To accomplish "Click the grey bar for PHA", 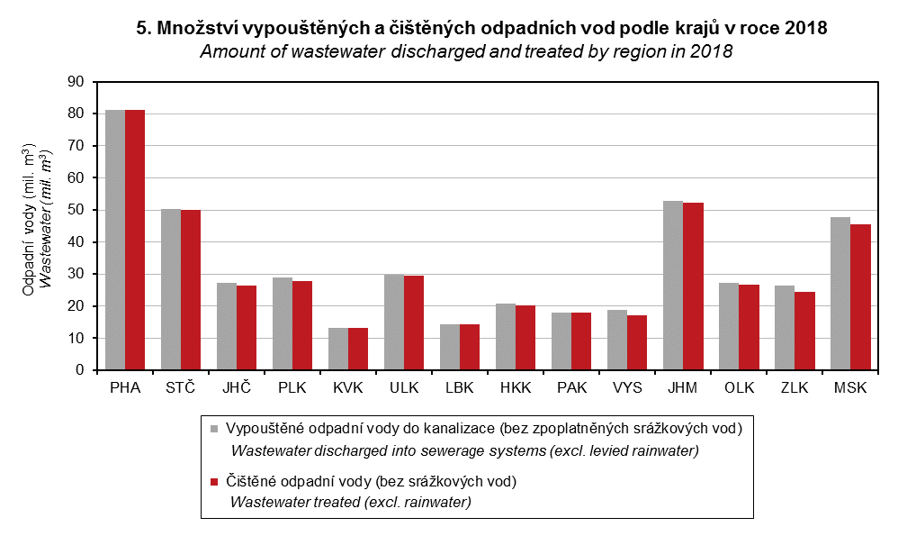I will click(x=115, y=240).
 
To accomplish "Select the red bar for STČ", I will click(x=191, y=290).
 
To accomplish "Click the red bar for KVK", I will click(x=358, y=349).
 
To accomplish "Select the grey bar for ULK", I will click(x=394, y=322).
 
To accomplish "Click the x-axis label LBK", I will click(x=460, y=389).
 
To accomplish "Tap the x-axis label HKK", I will click(x=516, y=389).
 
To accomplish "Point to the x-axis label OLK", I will click(x=739, y=389).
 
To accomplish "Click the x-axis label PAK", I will click(x=571, y=389).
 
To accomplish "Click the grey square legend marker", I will click(x=214, y=428).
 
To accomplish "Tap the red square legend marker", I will click(x=214, y=482).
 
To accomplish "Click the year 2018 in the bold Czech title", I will click(x=806, y=29).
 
